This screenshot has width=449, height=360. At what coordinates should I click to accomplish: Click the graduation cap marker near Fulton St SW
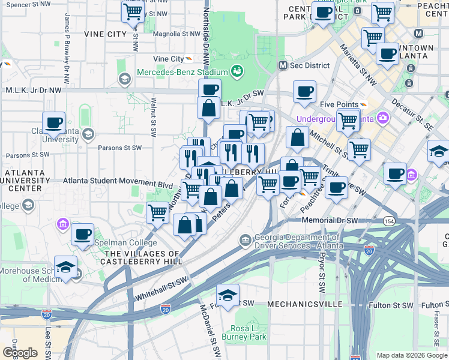(228, 295)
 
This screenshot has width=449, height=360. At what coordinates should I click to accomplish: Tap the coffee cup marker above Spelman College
(83, 233)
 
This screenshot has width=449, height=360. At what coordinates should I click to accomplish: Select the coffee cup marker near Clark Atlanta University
(53, 122)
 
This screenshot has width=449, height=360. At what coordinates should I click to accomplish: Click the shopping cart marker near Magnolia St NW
(133, 11)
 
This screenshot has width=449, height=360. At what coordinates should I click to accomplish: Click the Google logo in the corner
(20, 353)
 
